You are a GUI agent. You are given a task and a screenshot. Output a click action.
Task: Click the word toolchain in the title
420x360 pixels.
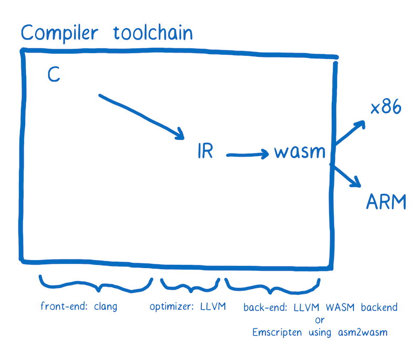(x=153, y=32)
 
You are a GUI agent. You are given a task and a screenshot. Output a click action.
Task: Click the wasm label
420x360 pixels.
(x=299, y=153)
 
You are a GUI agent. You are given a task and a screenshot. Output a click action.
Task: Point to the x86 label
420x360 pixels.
(x=385, y=109)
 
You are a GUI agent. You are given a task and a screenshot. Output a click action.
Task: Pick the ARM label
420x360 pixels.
(x=386, y=201)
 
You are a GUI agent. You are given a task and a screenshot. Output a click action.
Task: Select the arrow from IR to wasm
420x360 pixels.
(x=247, y=154)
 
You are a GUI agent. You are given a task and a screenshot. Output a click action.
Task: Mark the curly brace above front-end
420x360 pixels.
(x=96, y=284)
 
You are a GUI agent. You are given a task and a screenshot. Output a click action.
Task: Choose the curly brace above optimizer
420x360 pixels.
(x=190, y=285)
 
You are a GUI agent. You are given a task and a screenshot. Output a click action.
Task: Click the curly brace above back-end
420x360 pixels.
(x=271, y=285)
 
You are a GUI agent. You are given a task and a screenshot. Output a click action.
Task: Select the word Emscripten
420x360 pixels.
(x=276, y=333)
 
